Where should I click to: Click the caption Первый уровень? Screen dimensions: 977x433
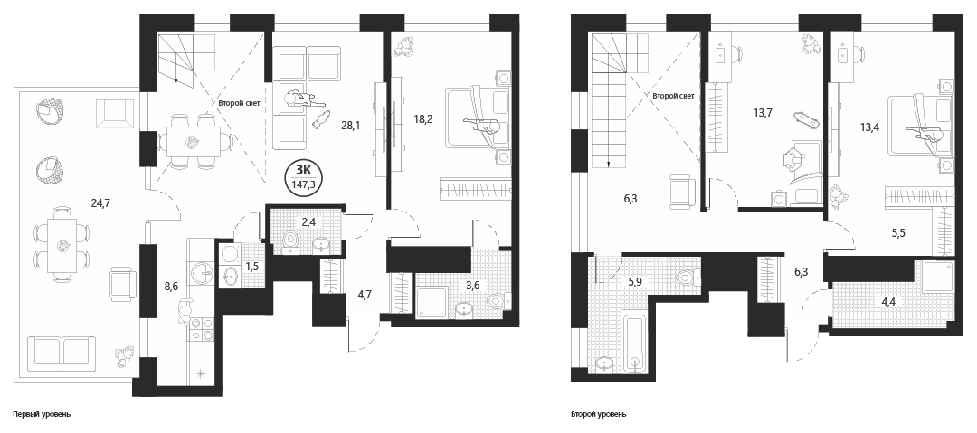point(41,414)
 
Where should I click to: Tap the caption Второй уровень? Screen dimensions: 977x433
point(598,414)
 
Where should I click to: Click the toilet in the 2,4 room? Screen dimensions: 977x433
point(290,241)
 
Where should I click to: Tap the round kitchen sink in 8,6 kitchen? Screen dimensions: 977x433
point(203,271)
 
